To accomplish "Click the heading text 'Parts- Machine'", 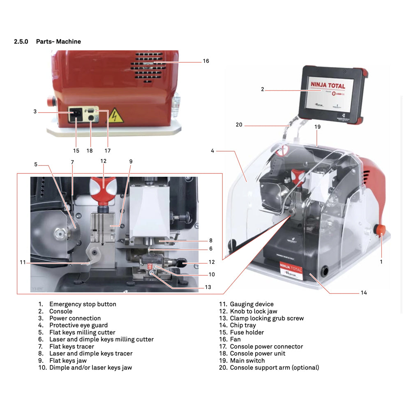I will [x=58, y=42].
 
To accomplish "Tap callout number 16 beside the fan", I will [x=206, y=61].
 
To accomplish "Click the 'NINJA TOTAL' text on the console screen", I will [x=328, y=86].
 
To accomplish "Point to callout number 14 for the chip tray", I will [x=364, y=293].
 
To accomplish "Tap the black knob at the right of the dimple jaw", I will [x=180, y=262].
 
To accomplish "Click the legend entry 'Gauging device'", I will [x=252, y=304].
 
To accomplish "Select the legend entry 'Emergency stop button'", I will [x=83, y=304].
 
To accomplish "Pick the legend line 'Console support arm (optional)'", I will [x=274, y=367].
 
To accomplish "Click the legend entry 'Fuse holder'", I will [x=247, y=332].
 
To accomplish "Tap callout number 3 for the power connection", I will [x=35, y=111].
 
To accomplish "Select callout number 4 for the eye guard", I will [x=212, y=151].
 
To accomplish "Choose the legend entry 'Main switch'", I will [x=247, y=360].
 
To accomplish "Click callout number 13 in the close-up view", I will [x=208, y=287].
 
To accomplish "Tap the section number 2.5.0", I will [x=21, y=42].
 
